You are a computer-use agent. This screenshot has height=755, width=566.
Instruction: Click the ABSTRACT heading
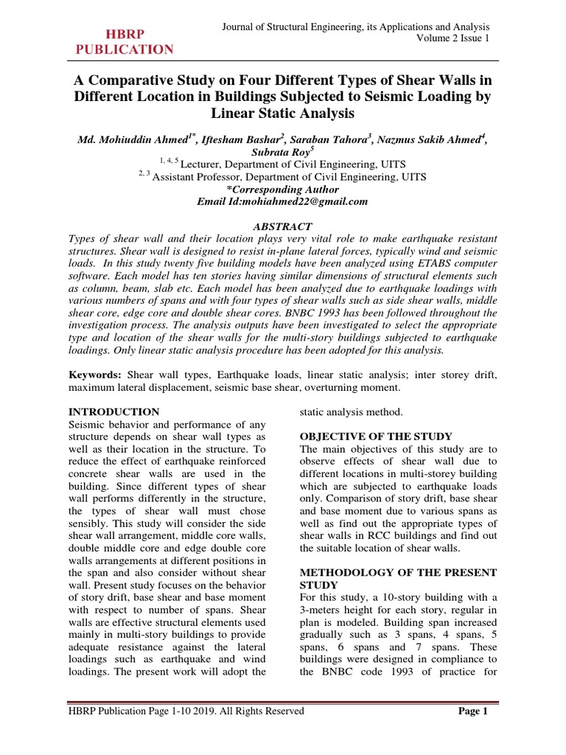click(282, 227)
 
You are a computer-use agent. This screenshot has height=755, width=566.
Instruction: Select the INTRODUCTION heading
click(113, 411)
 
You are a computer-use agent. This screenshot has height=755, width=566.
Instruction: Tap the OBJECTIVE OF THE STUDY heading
click(375, 436)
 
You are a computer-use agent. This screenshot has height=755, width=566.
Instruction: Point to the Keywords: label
click(95, 375)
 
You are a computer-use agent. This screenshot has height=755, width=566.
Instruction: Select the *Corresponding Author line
click(283, 189)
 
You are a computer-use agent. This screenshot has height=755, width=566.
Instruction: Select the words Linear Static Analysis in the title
click(282, 114)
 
